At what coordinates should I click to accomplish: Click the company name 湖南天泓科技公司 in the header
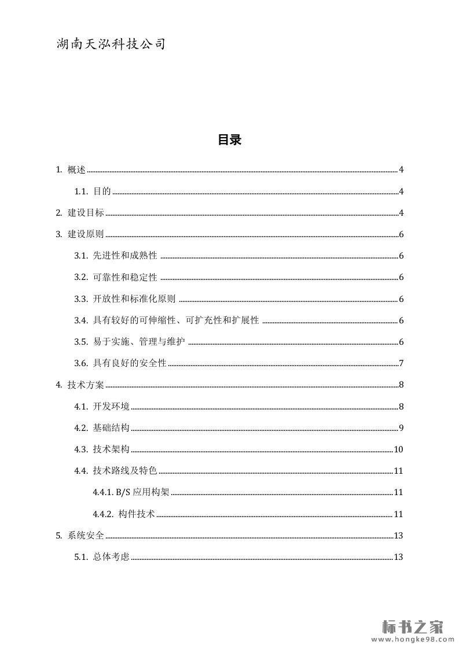point(111,44)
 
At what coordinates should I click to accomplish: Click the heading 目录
point(229,139)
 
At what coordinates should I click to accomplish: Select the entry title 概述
point(76,169)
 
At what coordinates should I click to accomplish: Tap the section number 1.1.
point(81,191)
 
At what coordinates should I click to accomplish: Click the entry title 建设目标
point(86,213)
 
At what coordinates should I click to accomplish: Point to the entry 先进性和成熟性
point(125,256)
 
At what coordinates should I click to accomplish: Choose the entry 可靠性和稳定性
point(125,278)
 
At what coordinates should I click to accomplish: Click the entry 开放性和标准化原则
point(134,299)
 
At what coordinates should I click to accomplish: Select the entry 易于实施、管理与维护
point(139,342)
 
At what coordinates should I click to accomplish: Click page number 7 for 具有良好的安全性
point(401,363)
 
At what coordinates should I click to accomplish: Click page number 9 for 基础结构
point(401,428)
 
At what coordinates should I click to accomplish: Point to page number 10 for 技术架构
point(398,449)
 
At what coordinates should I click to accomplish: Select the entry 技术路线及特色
point(125,471)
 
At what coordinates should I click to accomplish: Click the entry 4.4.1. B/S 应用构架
point(131,492)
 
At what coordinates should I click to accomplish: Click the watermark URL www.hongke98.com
point(412,640)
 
